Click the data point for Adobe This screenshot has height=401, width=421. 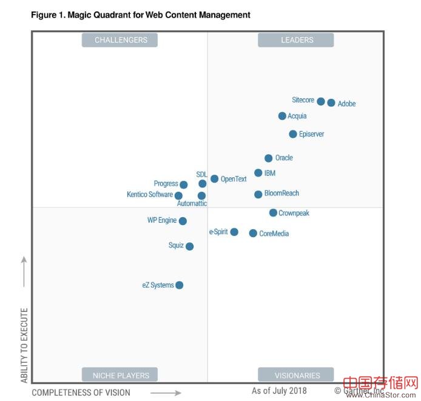tap(331, 103)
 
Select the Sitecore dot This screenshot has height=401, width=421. tap(321, 101)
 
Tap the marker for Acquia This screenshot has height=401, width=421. tap(282, 116)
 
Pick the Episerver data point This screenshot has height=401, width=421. tap(293, 134)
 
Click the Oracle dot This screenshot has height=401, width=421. tap(269, 158)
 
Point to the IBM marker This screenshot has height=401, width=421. tap(258, 173)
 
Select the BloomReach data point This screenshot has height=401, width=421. tap(258, 194)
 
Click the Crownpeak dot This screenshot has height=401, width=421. tap(273, 212)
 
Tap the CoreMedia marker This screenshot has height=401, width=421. tap(253, 233)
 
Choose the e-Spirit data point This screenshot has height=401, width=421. tap(234, 232)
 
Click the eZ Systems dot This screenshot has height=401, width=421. tap(179, 285)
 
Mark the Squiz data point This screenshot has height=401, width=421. tap(189, 246)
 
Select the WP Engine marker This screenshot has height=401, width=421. tap(183, 221)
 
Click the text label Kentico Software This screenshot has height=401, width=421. tap(150, 195)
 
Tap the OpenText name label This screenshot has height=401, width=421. tap(234, 179)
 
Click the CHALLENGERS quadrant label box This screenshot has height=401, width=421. tap(120, 40)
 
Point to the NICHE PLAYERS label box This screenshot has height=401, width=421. tap(120, 375)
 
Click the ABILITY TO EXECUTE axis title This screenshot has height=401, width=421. tap(25, 345)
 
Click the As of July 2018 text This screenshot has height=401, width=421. tap(279, 391)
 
